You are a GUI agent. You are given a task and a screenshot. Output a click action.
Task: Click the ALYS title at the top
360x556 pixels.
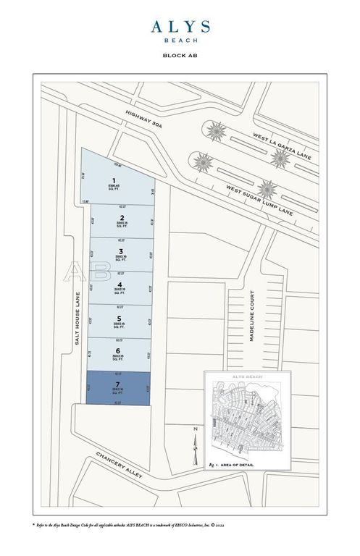point(180,28)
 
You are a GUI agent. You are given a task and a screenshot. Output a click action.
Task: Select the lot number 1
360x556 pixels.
point(112,180)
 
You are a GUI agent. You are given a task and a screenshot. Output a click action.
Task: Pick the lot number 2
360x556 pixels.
point(122,216)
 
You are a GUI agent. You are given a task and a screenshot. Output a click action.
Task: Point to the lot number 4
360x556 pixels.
point(122,285)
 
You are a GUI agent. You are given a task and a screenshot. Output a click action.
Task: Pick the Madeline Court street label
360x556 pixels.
point(253,321)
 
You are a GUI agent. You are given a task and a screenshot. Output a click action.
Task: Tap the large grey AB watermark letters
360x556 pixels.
point(78,271)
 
